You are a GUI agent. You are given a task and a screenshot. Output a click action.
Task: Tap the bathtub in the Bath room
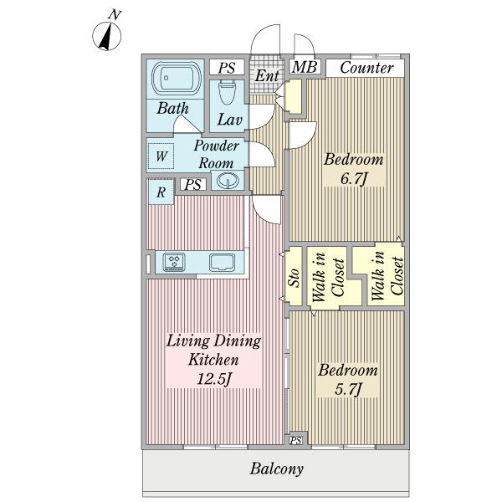tap(176, 79)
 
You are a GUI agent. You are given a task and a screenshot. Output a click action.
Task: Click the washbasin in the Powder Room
tap(228, 180)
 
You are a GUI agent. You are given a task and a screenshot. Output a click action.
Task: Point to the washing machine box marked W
tap(161, 156)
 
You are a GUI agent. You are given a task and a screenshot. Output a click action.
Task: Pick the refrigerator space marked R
tap(161, 192)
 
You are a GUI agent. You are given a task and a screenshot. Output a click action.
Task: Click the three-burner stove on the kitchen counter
tap(174, 262)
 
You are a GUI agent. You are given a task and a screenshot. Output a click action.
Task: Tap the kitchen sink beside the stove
tap(222, 262)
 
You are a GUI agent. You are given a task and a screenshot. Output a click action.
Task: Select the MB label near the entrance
tap(305, 67)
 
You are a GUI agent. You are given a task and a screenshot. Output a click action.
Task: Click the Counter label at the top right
tap(366, 68)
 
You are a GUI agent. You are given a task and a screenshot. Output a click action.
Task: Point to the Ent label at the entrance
tap(267, 76)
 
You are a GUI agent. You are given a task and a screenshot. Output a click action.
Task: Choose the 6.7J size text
tap(353, 179)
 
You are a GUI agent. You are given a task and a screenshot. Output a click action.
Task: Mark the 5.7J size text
tap(348, 390)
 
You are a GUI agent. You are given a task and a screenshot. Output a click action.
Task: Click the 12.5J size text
tap(213, 380)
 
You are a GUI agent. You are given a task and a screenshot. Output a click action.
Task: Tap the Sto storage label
tap(294, 277)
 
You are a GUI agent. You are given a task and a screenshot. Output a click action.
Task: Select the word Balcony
tap(277, 469)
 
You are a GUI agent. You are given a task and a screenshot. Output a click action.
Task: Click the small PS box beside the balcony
tap(296, 441)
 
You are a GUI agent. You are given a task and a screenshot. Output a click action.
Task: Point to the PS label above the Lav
tap(227, 68)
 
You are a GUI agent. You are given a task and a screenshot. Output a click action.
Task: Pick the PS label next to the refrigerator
tap(192, 185)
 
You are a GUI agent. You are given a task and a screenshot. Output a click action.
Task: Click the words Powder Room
tap(217, 154)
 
